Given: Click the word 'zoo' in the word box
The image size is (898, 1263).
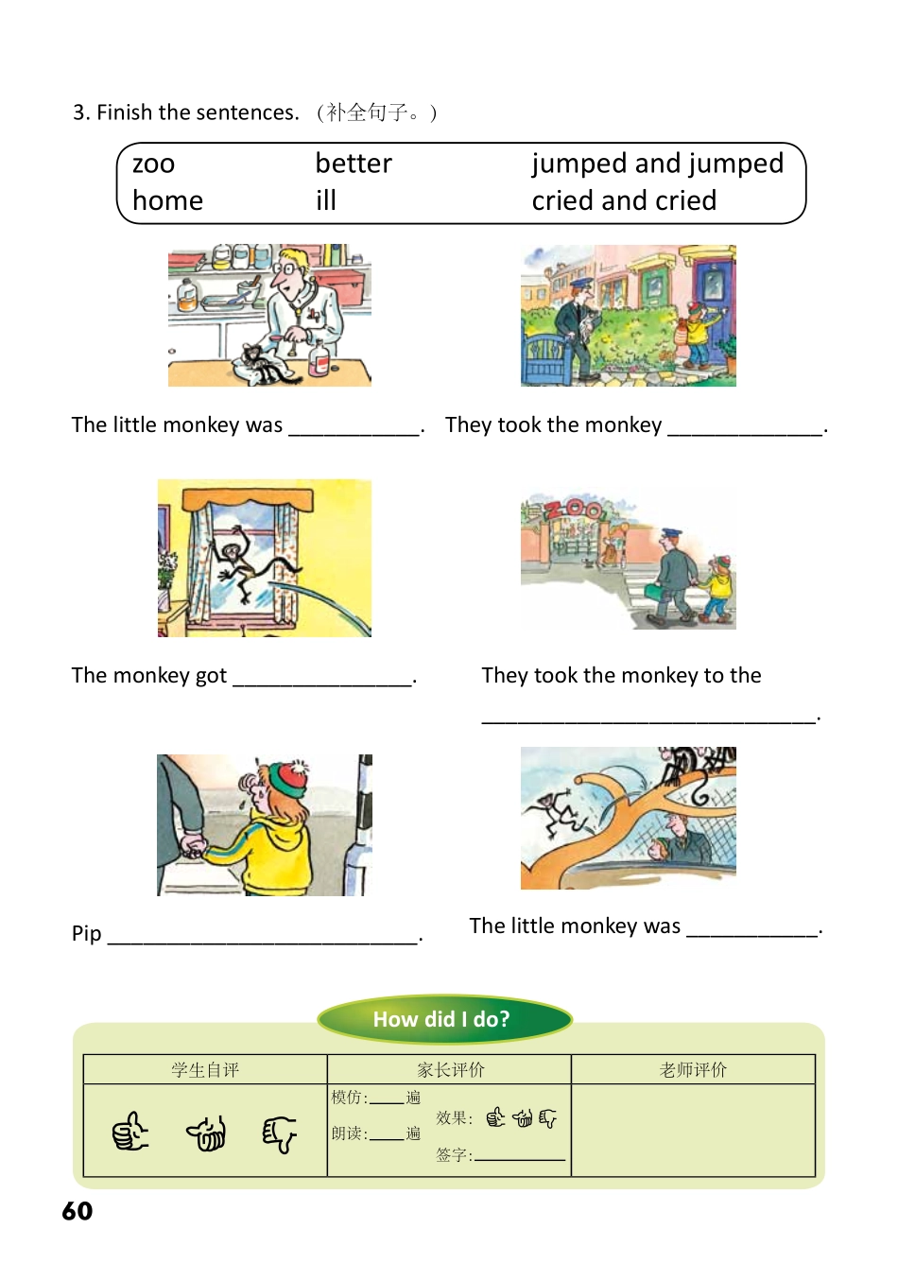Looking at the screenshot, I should [x=154, y=164].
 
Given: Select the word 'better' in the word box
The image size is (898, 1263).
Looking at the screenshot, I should [x=354, y=164].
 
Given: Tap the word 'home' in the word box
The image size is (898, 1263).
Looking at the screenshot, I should [x=168, y=200].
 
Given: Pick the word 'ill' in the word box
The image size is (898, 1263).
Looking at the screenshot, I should [x=326, y=200].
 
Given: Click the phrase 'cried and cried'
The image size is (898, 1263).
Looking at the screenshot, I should [x=624, y=200].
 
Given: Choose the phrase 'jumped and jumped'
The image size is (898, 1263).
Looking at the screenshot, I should [x=657, y=164].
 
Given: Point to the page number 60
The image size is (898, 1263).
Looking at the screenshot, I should [x=78, y=1211].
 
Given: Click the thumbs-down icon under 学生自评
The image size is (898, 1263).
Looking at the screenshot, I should [x=279, y=1133].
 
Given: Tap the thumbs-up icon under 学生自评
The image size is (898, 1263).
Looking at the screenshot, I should [x=130, y=1132].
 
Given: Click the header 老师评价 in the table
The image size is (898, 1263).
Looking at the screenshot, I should [x=693, y=1069].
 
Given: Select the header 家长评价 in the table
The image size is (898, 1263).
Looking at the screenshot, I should [x=450, y=1069].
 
